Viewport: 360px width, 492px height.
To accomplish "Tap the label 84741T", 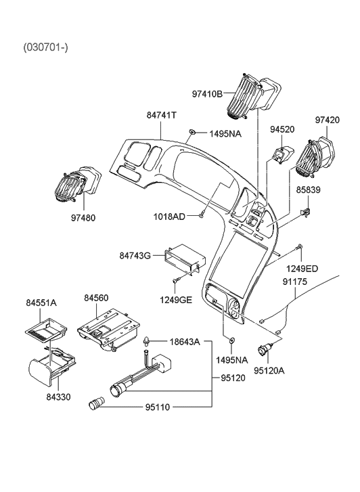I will coord(162,116).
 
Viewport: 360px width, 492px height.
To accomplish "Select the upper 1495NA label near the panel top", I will coord(224,134).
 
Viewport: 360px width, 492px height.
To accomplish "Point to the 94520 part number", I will coord(284,129).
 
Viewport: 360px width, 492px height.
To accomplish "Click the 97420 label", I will coord(328,120).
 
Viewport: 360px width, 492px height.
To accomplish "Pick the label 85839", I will coord(309,191).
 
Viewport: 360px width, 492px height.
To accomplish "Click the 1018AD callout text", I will coord(168,216).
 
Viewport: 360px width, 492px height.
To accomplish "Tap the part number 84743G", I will coord(135,256).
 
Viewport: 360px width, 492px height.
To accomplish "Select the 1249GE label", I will coord(175,300).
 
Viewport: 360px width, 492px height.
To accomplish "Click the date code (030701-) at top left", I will coord(46,47).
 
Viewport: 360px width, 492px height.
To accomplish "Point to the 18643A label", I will coord(185,342).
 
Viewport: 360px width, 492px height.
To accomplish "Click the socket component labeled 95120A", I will coord(271,350).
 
